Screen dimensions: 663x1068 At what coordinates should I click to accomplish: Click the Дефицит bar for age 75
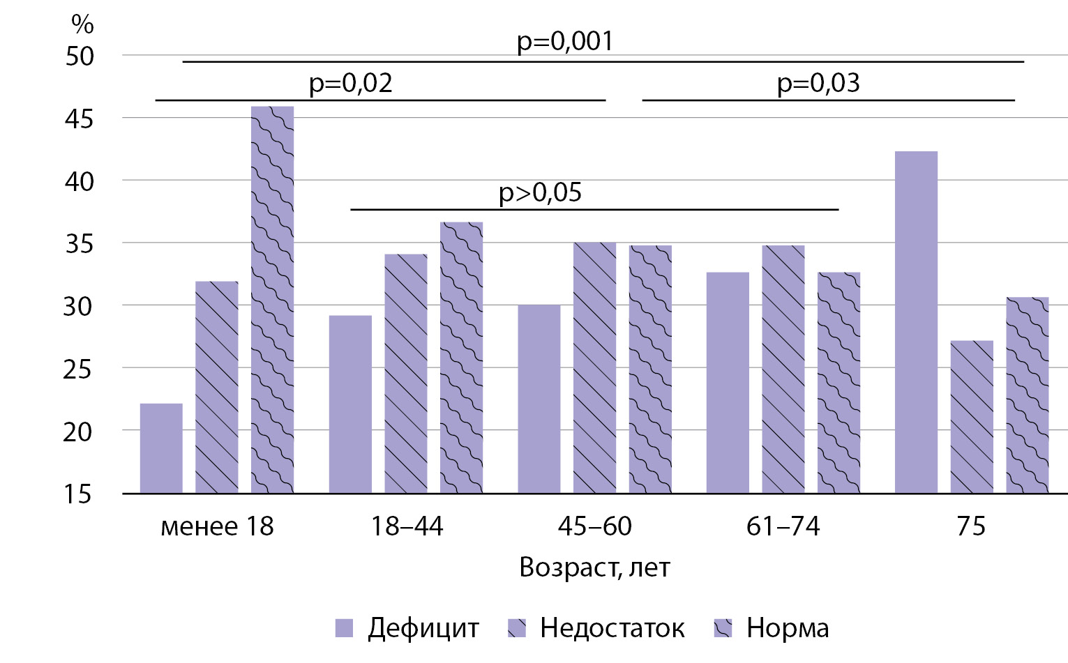point(915,322)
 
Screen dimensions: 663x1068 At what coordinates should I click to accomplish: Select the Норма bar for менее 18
point(272,300)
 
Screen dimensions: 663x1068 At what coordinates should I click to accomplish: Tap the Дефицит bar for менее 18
point(161,448)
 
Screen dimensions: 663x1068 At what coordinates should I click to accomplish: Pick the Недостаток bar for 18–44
point(405,374)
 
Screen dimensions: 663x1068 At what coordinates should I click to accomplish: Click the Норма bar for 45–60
point(650,369)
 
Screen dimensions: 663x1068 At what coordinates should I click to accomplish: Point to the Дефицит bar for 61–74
point(727,383)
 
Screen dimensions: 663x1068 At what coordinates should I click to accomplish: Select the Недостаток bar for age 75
point(971,417)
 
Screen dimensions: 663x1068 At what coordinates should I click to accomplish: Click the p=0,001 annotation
point(565,41)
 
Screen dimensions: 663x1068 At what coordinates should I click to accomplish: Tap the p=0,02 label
point(351,83)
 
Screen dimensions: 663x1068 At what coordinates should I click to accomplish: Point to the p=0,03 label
point(818,83)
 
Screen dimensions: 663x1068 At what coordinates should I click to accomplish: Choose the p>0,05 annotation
point(540,192)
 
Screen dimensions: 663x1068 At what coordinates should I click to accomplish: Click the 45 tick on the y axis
point(79,119)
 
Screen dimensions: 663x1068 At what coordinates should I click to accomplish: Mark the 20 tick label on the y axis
point(78,432)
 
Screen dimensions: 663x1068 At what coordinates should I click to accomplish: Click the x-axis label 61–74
point(783,526)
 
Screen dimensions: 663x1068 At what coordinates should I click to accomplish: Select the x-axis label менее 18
point(217,526)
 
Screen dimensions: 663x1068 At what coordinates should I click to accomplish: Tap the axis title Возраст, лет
point(594,567)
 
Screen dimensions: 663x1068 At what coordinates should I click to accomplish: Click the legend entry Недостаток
point(612,628)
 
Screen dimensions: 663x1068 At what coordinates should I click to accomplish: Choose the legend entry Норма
point(788,628)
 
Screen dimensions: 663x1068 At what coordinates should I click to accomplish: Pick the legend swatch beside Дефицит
point(345,628)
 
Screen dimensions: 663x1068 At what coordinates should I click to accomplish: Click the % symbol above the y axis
point(82,24)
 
